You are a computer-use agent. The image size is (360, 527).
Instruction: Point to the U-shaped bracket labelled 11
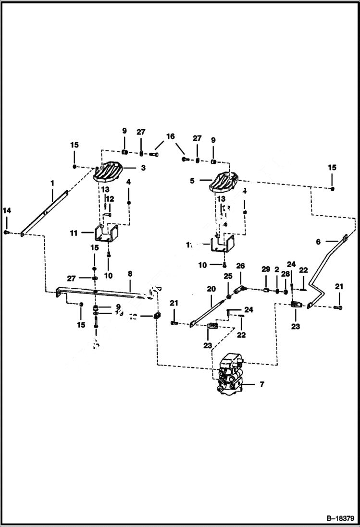click(106, 235)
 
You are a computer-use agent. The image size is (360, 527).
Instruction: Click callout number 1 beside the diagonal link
click(52, 183)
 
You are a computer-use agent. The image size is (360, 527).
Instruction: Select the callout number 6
click(318, 242)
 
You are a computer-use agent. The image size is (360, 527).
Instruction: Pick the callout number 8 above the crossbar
click(129, 273)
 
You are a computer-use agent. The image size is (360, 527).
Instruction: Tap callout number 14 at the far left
click(7, 210)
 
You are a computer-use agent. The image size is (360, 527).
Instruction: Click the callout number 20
click(211, 289)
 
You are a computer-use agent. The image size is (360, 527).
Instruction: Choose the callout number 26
click(240, 266)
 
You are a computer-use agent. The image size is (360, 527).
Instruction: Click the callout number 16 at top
click(171, 136)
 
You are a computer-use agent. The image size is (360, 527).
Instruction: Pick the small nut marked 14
click(6, 232)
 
